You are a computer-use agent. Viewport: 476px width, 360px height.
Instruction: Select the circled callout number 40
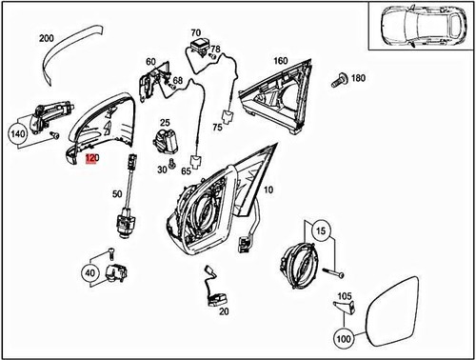[90, 272]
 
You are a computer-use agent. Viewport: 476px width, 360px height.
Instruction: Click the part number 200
[46, 38]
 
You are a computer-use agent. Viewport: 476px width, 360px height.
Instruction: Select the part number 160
[280, 61]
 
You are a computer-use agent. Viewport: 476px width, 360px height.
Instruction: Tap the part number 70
[196, 33]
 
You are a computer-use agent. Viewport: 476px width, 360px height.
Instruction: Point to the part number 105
[345, 295]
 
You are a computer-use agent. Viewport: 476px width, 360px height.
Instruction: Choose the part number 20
[224, 310]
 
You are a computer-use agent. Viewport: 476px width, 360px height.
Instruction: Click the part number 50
[117, 194]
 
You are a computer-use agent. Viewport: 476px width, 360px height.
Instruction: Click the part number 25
[164, 123]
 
